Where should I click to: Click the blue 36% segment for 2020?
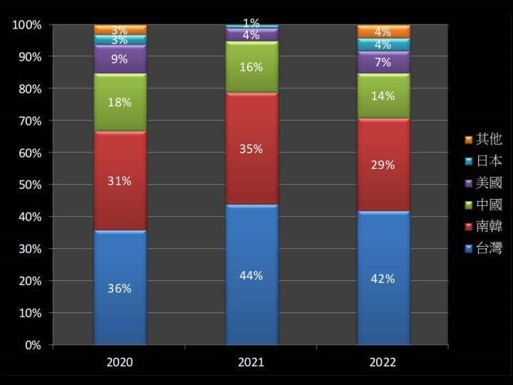click(x=120, y=288)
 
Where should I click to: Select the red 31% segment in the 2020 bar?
click(x=120, y=181)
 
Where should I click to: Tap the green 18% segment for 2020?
click(x=120, y=103)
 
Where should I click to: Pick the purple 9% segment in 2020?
click(x=120, y=59)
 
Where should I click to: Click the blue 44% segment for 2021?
click(x=252, y=275)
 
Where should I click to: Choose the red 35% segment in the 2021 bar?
click(x=252, y=149)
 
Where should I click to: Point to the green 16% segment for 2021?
click(x=252, y=67)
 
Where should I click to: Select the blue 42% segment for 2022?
click(x=383, y=278)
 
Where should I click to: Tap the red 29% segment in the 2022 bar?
click(x=383, y=165)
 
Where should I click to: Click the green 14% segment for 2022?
click(x=383, y=96)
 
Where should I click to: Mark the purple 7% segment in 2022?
click(x=383, y=62)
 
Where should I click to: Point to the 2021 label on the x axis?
click(x=252, y=362)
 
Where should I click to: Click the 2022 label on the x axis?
click(x=383, y=362)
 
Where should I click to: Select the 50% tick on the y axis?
click(x=27, y=185)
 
